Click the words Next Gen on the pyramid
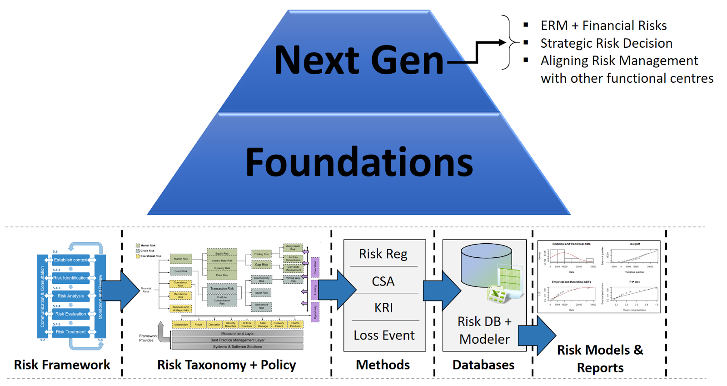(359, 60)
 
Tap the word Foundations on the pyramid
(359, 163)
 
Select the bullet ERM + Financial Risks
(603, 25)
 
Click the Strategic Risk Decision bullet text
(606, 43)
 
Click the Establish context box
(70, 260)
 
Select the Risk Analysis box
(70, 296)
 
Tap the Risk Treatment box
(70, 332)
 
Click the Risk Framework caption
(62, 365)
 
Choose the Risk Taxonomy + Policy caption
(226, 365)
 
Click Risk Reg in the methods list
(383, 254)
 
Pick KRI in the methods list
(383, 308)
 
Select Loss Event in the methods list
(384, 335)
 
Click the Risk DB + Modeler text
(484, 330)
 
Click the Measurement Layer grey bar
(237, 334)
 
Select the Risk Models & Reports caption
(600, 358)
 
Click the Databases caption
(483, 365)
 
